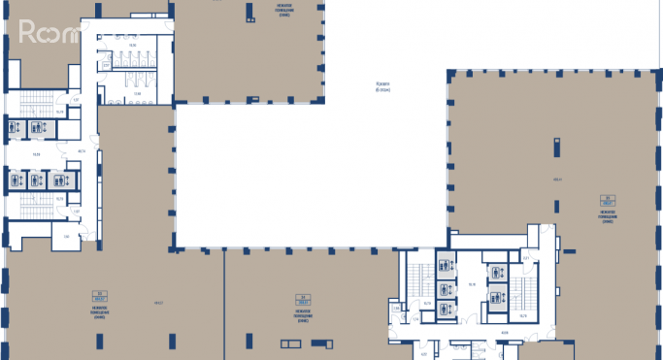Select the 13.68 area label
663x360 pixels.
(x=137, y=80)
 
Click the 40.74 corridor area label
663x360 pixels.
(x=83, y=150)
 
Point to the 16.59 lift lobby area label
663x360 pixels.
(x=36, y=153)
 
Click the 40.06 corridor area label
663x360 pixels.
(x=504, y=331)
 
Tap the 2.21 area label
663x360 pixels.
(x=525, y=257)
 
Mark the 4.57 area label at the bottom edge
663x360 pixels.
(x=423, y=353)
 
